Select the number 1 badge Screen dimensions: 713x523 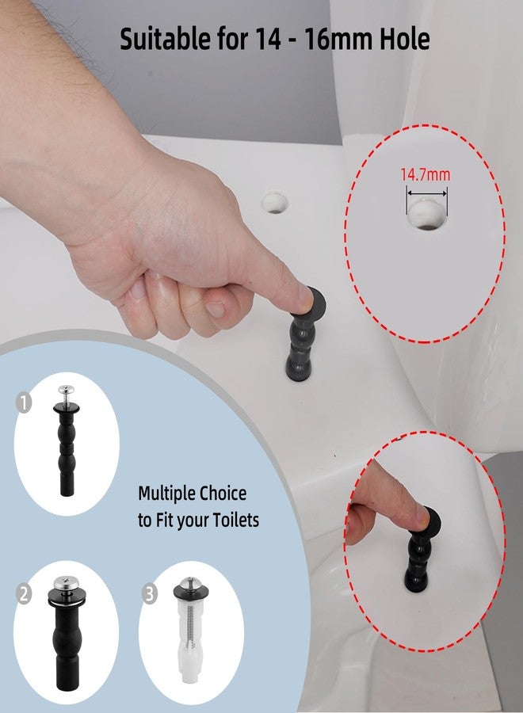click(x=25, y=404)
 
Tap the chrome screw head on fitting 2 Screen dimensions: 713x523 click(x=67, y=583)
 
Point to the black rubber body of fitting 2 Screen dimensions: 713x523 click(x=67, y=634)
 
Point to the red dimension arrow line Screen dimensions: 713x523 click(x=426, y=191)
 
